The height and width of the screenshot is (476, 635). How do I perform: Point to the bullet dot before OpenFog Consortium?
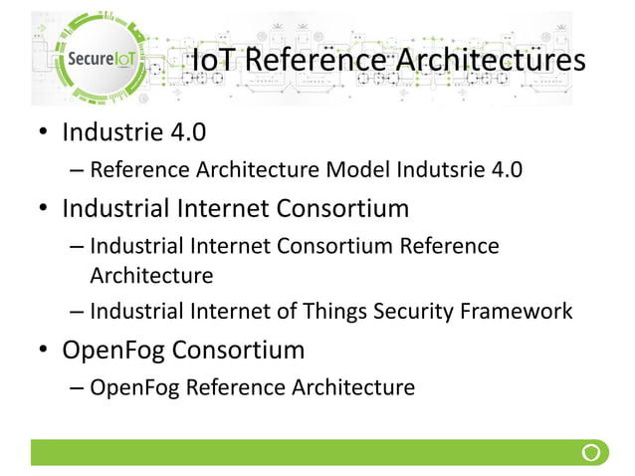(44, 353)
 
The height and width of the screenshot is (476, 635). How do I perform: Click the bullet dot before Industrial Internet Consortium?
(44, 211)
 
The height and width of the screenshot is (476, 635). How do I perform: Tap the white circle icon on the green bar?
(592, 453)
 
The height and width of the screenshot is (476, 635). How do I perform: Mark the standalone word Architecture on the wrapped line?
(151, 274)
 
